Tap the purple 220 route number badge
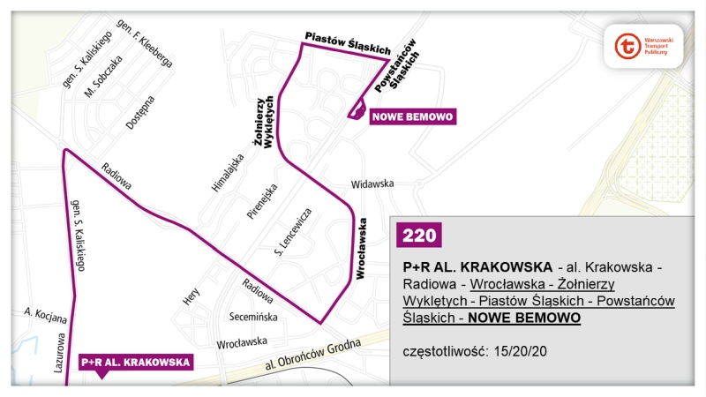417,235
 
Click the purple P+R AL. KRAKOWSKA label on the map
136,362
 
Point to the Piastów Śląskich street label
347,44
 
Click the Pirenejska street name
264,205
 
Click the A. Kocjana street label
41,312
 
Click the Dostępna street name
139,113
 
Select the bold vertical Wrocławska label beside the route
361,250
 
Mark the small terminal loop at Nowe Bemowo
357,110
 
